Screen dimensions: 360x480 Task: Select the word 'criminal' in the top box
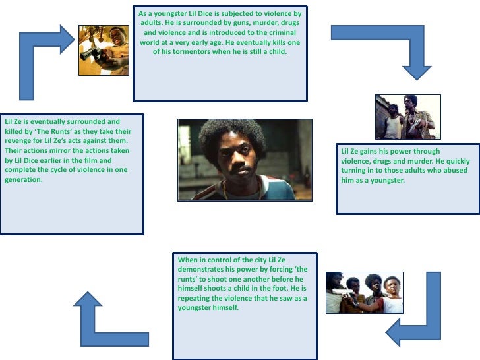276,32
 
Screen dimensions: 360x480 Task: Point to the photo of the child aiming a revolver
104,50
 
